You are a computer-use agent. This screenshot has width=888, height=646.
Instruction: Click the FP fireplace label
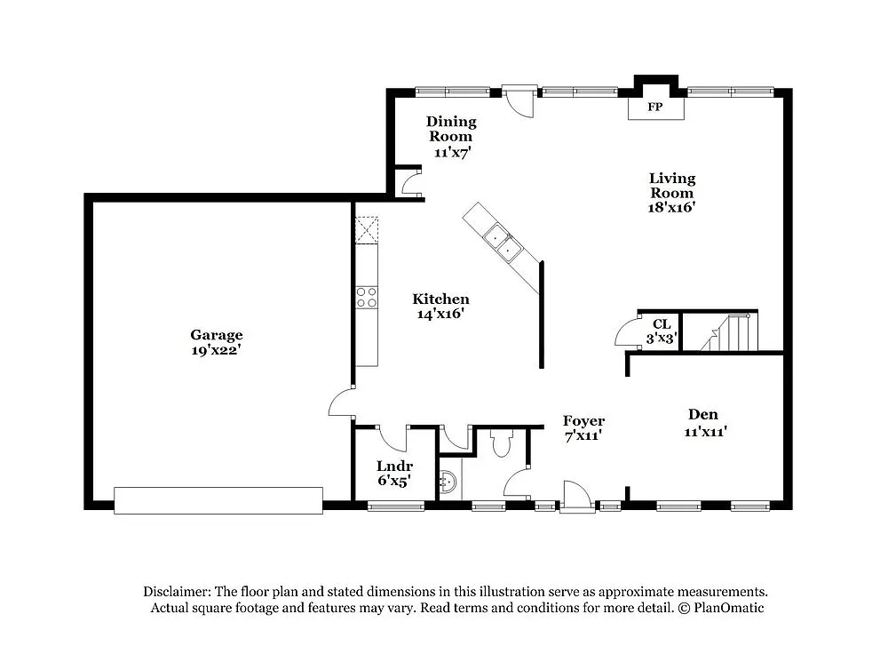[x=655, y=108]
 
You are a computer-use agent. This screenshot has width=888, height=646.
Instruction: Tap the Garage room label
[x=216, y=335]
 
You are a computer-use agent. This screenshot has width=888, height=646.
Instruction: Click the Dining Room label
[x=451, y=122]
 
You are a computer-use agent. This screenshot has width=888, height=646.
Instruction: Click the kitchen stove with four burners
[x=367, y=297]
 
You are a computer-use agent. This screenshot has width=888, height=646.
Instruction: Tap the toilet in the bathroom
[x=502, y=442]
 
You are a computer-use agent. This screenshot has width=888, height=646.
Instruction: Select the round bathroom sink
[x=448, y=482]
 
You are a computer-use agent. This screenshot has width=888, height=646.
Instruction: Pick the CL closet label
[x=661, y=324]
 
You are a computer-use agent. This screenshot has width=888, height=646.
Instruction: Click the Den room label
[x=703, y=414]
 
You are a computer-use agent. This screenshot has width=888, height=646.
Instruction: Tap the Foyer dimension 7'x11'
[x=583, y=435]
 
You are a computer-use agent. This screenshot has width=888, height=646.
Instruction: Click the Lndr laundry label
[x=393, y=466]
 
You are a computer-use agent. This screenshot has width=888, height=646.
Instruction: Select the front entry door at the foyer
[x=575, y=497]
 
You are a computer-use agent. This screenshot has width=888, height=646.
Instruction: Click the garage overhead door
[x=218, y=499]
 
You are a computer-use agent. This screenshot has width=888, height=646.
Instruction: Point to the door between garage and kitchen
[x=342, y=402]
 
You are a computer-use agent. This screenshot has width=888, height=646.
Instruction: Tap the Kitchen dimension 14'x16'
[x=440, y=314]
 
